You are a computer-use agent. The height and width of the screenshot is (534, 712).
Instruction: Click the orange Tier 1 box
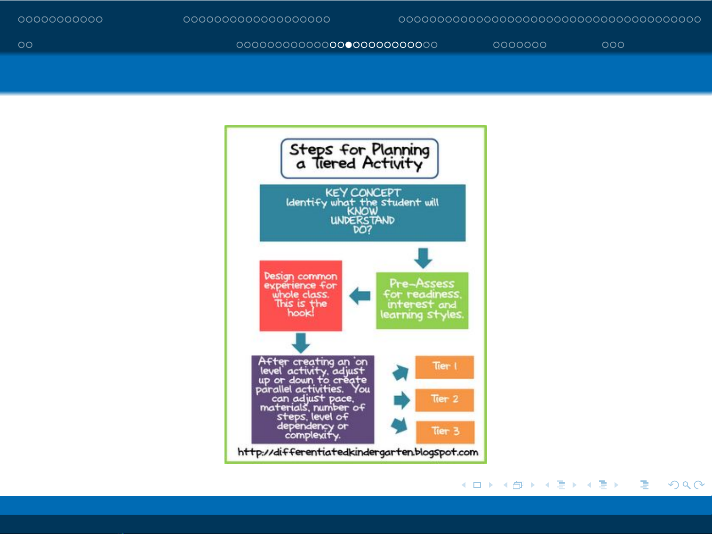(444, 367)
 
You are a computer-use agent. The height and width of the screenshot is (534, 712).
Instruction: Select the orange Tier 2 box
(444, 400)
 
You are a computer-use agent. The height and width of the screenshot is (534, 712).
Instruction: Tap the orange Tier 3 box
(445, 432)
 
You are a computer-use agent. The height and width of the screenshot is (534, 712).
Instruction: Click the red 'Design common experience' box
(301, 295)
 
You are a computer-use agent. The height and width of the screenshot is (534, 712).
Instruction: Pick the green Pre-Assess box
(422, 301)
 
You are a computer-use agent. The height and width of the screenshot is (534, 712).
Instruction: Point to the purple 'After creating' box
(312, 399)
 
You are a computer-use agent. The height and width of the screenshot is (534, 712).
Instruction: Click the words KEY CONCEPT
(363, 192)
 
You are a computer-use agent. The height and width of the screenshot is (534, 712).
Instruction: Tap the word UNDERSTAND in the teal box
(362, 221)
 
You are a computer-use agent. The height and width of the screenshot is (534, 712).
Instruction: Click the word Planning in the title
(400, 150)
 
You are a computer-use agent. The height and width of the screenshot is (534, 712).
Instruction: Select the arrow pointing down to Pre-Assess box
(423, 258)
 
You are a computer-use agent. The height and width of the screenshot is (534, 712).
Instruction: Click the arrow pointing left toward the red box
(360, 295)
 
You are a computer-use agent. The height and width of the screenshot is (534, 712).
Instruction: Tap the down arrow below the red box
(301, 343)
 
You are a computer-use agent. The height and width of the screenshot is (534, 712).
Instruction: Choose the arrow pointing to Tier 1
(400, 372)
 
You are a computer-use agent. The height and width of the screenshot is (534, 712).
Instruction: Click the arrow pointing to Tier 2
(402, 400)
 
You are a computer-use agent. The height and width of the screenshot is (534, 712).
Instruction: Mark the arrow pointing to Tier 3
(400, 425)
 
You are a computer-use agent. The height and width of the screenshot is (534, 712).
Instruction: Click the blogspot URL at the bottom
(358, 452)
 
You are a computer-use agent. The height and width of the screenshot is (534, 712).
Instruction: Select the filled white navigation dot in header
(348, 45)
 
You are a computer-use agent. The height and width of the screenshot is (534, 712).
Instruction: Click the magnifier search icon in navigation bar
(687, 485)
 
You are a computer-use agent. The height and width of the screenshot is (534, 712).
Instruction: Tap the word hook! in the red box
(301, 313)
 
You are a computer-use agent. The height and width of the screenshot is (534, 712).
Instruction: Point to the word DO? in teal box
(362, 230)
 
